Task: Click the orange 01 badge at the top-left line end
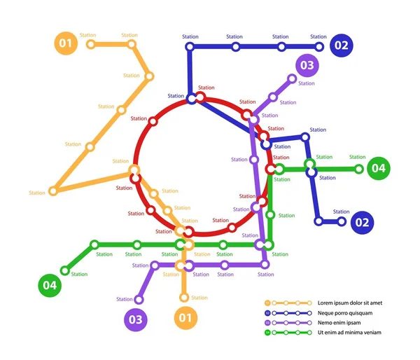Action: [x=66, y=44]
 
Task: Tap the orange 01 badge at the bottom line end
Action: [x=185, y=318]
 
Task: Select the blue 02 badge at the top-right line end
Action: [x=341, y=46]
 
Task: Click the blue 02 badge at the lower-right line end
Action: [x=362, y=222]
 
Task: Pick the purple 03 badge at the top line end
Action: [x=307, y=65]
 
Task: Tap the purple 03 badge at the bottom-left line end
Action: [x=135, y=319]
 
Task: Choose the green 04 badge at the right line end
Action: [x=379, y=168]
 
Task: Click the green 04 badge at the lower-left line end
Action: [x=49, y=285]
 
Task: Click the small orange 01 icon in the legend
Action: [x=267, y=303]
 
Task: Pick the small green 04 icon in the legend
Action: [x=267, y=332]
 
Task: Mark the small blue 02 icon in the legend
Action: [x=267, y=312]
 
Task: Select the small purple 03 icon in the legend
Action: [x=267, y=322]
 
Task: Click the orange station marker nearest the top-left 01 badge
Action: [x=90, y=44]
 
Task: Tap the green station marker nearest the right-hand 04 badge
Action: [x=359, y=169]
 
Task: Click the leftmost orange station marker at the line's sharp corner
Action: [x=52, y=191]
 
